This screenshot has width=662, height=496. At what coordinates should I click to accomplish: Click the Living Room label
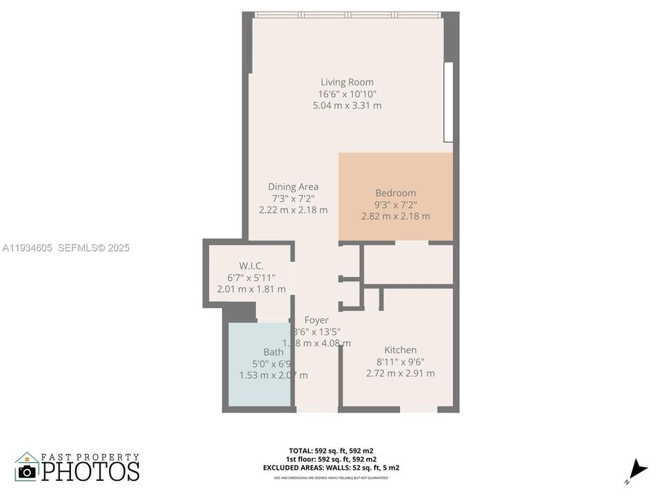pyautogui.click(x=347, y=82)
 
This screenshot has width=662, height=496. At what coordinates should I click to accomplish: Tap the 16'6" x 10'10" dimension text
pyautogui.click(x=347, y=94)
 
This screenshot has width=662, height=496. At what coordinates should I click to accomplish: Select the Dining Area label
pyautogui.click(x=293, y=186)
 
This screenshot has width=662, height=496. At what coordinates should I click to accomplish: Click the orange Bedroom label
pyautogui.click(x=395, y=193)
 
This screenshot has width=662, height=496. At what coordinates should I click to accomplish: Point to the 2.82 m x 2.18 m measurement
pyautogui.click(x=395, y=216)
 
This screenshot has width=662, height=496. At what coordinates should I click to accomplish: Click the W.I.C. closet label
pyautogui.click(x=251, y=266)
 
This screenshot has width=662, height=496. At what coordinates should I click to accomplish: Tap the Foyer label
pyautogui.click(x=317, y=320)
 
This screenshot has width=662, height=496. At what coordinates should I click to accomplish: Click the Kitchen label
pyautogui.click(x=400, y=350)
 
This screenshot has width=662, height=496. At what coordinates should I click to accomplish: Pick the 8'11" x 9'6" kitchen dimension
pyautogui.click(x=400, y=362)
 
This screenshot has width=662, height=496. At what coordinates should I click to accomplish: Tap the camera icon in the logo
pyautogui.click(x=27, y=471)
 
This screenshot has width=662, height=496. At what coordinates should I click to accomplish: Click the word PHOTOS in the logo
pyautogui.click(x=90, y=471)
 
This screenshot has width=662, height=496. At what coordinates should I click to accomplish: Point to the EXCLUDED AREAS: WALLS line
pyautogui.click(x=331, y=468)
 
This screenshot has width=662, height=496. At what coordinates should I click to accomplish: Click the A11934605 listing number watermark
pyautogui.click(x=28, y=247)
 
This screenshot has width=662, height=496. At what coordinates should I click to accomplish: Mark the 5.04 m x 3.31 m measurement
pyautogui.click(x=347, y=105)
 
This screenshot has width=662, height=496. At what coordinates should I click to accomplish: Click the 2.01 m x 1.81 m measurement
pyautogui.click(x=251, y=289)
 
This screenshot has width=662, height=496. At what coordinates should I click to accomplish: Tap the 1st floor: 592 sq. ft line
pyautogui.click(x=331, y=459)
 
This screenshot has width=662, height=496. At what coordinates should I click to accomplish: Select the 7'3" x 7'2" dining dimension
pyautogui.click(x=293, y=198)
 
